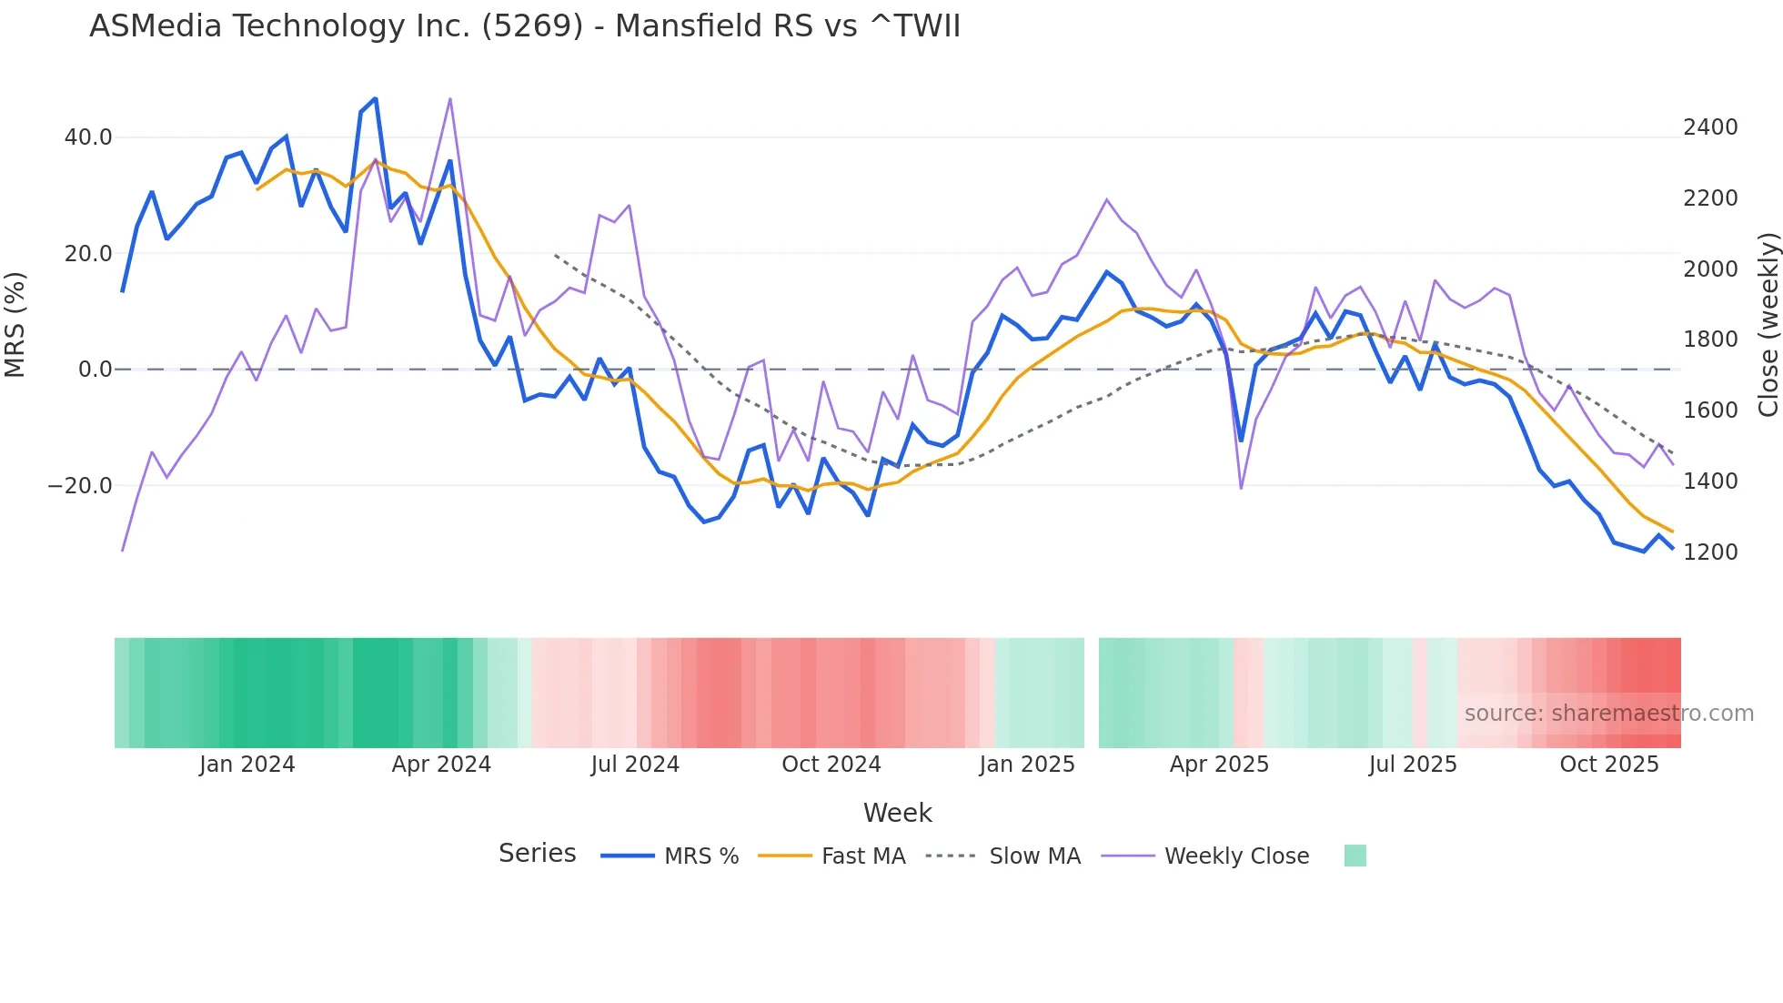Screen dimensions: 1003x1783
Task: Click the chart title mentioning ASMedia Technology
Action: [525, 26]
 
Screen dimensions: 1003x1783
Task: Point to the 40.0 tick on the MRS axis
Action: [88, 137]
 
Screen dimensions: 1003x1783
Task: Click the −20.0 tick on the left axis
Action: [80, 486]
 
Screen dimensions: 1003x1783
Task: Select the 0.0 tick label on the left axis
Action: [95, 370]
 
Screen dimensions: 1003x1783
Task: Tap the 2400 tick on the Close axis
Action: [1710, 127]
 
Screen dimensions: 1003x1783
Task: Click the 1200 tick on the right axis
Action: [1710, 552]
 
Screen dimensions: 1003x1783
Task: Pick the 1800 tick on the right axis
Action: [1710, 339]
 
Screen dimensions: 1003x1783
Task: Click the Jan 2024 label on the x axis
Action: [247, 765]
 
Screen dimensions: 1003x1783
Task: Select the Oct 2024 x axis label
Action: [831, 765]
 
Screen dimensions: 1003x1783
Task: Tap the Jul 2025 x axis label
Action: [1412, 765]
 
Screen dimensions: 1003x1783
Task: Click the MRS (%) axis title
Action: [15, 324]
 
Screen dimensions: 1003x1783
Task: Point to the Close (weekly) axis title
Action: [1768, 325]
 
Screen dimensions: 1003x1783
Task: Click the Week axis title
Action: [897, 813]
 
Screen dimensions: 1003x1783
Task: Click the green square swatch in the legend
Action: [1355, 856]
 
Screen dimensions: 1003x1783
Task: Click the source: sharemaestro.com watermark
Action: [1608, 714]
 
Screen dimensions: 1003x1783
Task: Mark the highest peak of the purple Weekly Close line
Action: [450, 99]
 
